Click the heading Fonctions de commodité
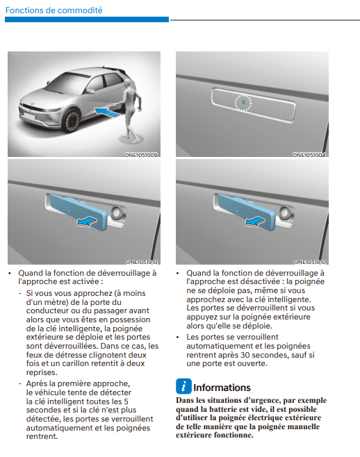pos(54,10)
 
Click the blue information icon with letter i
pos(183,386)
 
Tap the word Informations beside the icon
pos(222,388)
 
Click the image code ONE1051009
pos(141,155)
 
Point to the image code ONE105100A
pos(309,155)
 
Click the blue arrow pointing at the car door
pos(107,113)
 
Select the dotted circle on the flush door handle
pos(243,103)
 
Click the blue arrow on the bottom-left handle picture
pos(87,222)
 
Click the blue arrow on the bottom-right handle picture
pos(255,222)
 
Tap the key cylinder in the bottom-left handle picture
pos(117,213)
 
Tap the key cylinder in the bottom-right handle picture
pos(285,213)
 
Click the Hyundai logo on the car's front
pos(33,104)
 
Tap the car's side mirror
pos(90,91)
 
